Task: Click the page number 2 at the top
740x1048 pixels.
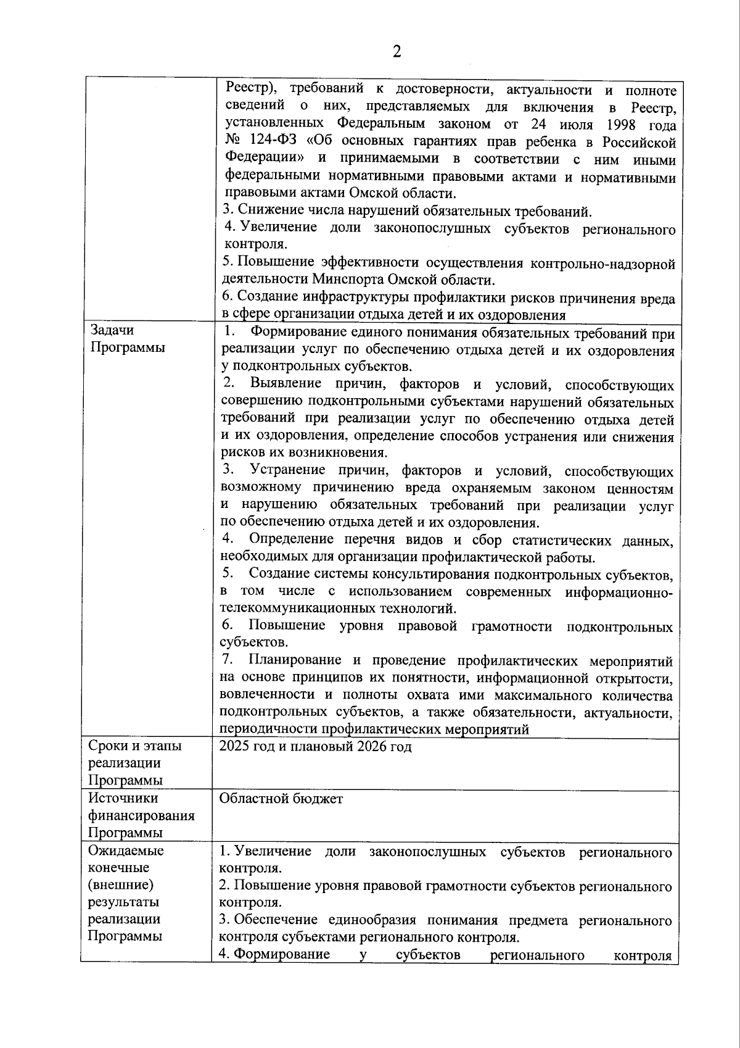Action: click(x=397, y=52)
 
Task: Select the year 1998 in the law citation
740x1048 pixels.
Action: click(x=619, y=125)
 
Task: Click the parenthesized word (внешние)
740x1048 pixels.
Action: click(x=120, y=884)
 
